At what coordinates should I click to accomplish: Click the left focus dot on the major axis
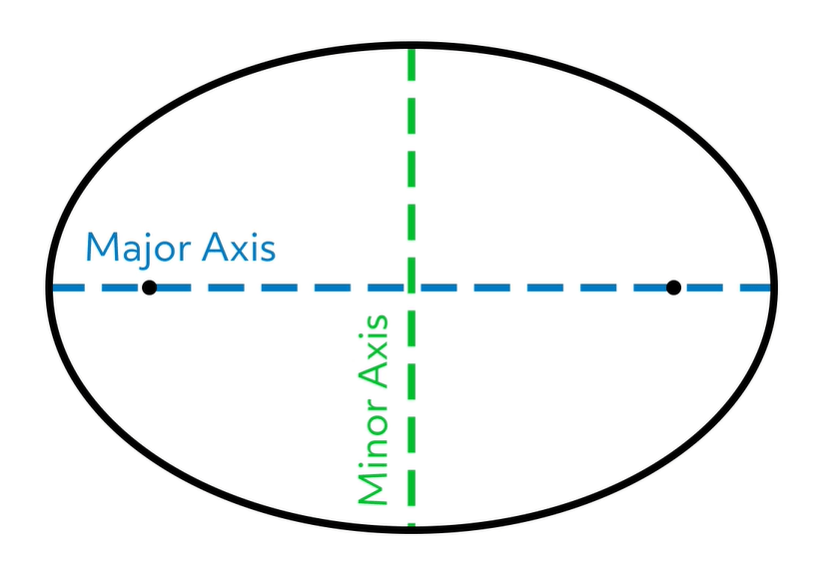(149, 289)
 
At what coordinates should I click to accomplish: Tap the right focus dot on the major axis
(673, 289)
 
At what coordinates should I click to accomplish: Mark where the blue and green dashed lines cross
(411, 289)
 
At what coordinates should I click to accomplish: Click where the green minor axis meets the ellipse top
(411, 45)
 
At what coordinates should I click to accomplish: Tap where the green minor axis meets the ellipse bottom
(411, 526)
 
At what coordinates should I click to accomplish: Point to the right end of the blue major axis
(770, 289)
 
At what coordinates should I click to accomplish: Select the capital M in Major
(101, 247)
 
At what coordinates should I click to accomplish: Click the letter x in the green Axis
(375, 351)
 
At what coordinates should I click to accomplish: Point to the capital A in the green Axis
(372, 376)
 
